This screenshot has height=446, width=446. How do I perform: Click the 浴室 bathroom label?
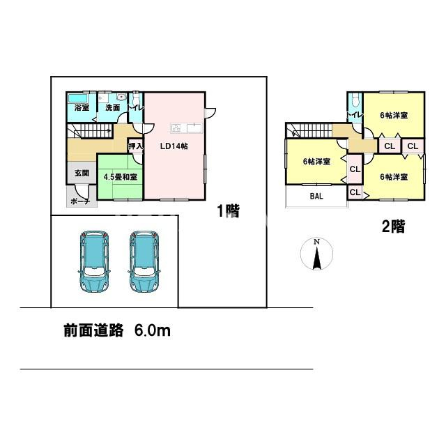82,107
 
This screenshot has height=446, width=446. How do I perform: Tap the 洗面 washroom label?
112,107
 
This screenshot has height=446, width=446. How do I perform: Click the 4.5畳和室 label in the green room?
120,177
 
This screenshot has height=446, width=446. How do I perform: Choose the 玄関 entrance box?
77,173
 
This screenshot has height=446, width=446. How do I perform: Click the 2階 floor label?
392,226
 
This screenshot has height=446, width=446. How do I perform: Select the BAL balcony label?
316,197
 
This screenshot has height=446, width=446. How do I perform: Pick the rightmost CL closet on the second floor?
413,146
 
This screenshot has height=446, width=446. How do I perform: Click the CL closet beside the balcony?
354,192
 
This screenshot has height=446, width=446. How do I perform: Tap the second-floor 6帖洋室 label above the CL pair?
393,115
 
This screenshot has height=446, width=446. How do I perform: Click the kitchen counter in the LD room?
185,127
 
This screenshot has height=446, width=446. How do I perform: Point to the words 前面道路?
90,331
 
